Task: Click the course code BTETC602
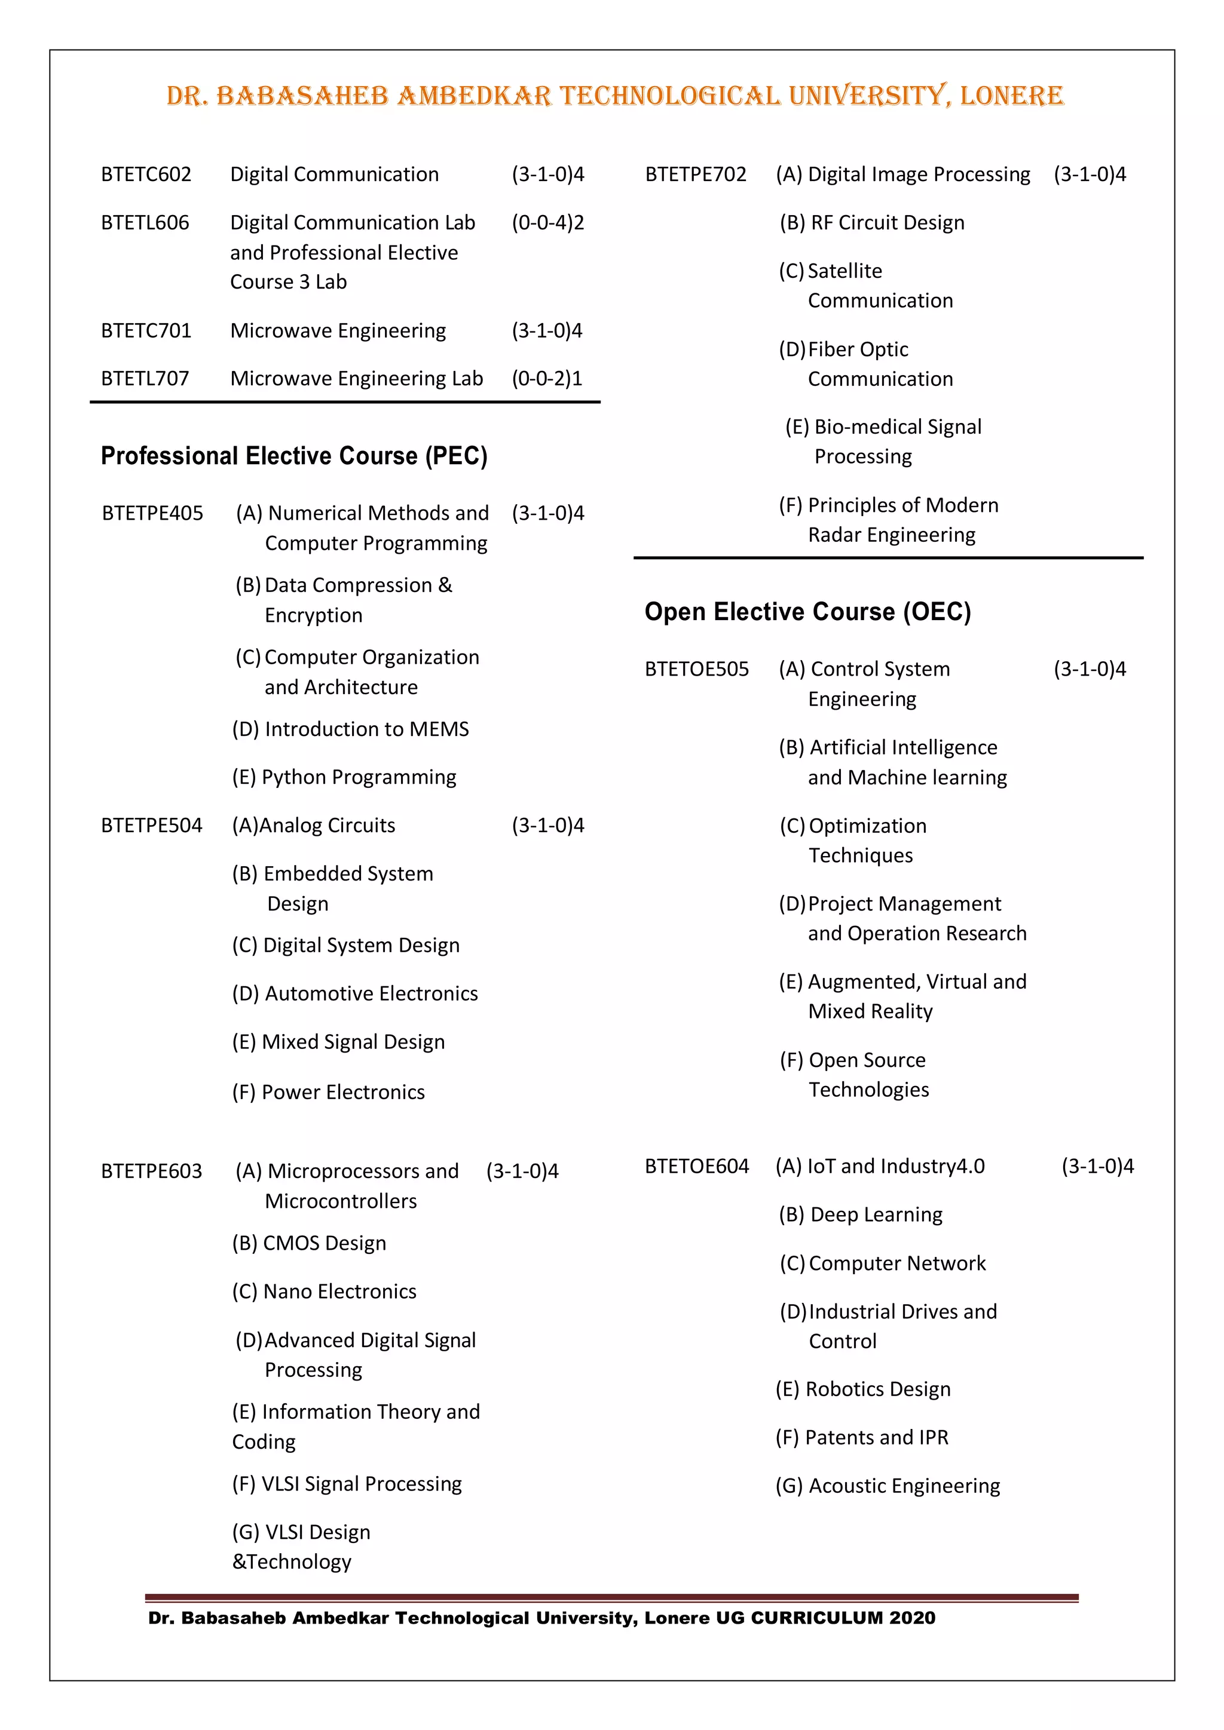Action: (146, 174)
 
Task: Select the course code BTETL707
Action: (145, 378)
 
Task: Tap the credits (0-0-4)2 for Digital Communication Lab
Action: (548, 223)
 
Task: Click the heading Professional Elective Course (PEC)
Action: (294, 456)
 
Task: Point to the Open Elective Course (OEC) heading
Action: (807, 612)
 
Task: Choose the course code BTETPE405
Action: (152, 513)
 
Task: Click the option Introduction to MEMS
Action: (350, 729)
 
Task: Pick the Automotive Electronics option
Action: (355, 994)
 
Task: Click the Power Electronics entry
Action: (329, 1093)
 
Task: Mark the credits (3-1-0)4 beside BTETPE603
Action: (522, 1171)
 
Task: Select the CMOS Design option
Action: (309, 1243)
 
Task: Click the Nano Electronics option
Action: (324, 1292)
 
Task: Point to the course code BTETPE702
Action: (696, 174)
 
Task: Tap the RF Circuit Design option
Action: (872, 223)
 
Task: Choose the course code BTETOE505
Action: (696, 669)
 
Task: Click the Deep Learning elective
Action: (861, 1214)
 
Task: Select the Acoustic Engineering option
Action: (888, 1486)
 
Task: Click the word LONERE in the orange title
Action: (1011, 96)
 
